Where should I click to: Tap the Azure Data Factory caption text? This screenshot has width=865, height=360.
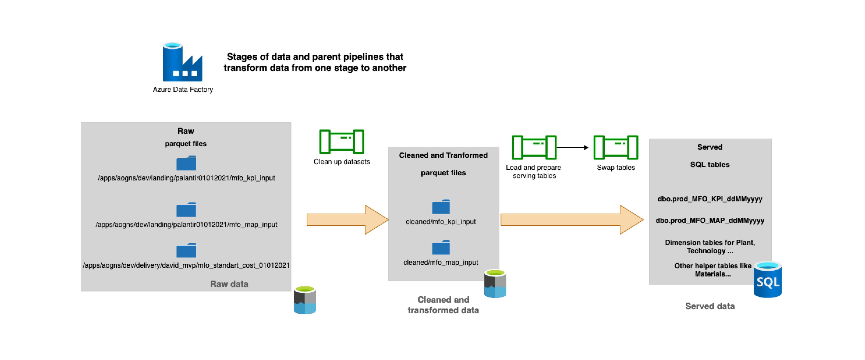pos(183,89)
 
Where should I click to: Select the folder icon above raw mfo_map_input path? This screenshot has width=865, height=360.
pos(186,210)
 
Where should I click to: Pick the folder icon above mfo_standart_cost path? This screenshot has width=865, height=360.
pos(186,250)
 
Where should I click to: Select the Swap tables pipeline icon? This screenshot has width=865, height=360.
pos(616,147)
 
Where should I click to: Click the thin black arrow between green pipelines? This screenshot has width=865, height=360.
pos(573,147)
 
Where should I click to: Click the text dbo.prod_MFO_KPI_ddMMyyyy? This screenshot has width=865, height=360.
pos(709,199)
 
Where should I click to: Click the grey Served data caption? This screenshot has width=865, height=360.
pos(709,306)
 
